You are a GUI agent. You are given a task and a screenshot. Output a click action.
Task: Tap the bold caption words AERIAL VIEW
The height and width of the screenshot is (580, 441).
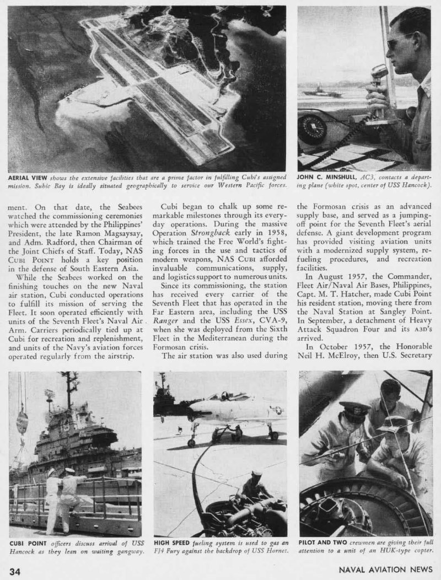(x=28, y=179)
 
